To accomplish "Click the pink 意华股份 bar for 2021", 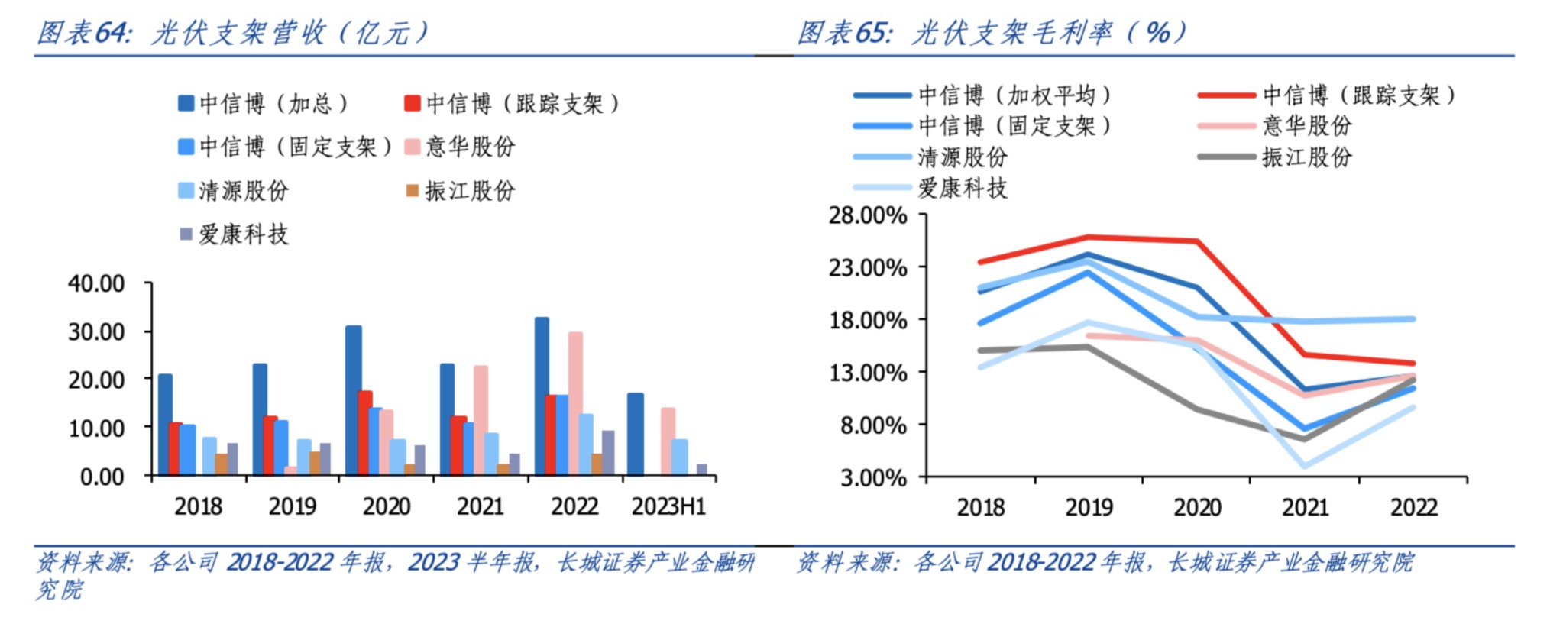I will (481, 419).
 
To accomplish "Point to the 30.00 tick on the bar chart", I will (96, 332).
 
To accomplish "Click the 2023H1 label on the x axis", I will (668, 506).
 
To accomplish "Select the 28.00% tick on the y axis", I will (868, 215).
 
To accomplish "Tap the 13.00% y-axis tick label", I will (868, 373).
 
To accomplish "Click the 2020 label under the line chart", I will (1197, 508).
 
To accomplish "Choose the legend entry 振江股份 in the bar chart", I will (469, 191).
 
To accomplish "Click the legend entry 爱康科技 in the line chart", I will (962, 188).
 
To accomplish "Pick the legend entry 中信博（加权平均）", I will (1014, 95).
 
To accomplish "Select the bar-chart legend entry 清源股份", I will (243, 191).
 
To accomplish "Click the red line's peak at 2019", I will (1089, 237).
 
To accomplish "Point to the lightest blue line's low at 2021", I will (1305, 466).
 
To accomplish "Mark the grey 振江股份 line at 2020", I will (1197, 409).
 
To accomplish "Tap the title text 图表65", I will (844, 33).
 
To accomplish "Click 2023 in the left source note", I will (434, 563).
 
